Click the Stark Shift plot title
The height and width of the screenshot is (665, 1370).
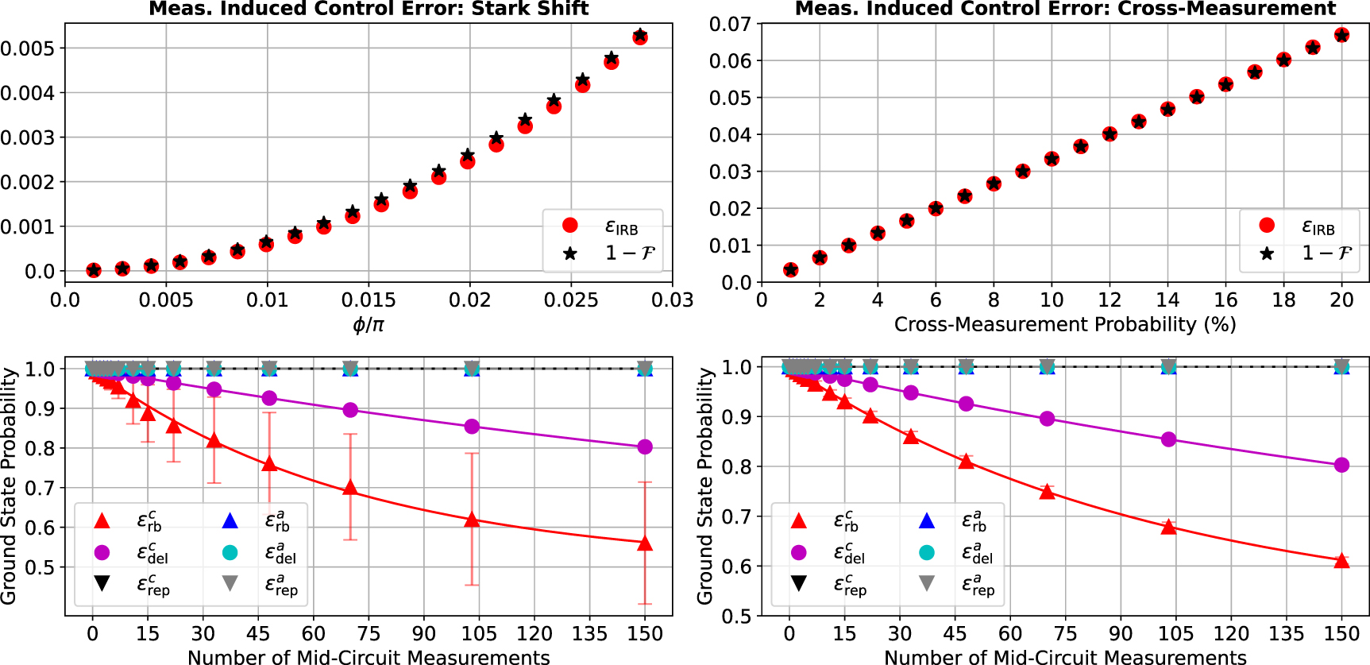369,9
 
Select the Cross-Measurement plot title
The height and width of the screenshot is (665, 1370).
1065,9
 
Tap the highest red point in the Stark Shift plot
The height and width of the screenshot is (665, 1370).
640,37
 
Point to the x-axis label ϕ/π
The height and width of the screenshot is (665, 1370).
369,324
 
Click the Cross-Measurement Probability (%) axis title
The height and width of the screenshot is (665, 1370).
1065,324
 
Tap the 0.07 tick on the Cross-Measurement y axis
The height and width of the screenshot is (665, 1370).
730,24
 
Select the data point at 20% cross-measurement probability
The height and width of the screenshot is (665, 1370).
1341,35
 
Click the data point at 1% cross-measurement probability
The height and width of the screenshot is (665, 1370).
790,270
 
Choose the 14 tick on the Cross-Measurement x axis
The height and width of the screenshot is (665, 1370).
1167,300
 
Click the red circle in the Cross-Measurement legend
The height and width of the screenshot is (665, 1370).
1267,226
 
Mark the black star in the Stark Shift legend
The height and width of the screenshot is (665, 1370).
570,253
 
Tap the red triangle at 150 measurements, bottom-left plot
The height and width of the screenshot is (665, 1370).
645,544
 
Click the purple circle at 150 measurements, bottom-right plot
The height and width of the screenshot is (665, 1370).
1341,465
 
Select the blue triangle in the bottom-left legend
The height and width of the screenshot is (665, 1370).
230,521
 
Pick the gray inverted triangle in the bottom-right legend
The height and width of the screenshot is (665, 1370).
926,584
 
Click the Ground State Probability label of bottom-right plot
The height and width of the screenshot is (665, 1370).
704,486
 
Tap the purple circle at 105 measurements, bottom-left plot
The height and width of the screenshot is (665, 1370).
472,427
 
